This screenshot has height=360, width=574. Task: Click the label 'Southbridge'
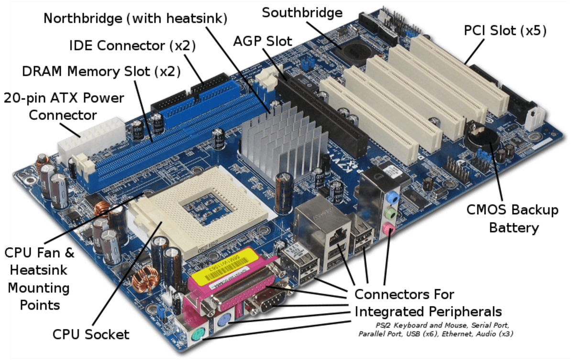tap(302, 13)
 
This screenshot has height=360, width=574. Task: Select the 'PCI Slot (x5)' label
tap(505, 31)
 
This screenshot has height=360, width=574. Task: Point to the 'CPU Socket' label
tap(91, 334)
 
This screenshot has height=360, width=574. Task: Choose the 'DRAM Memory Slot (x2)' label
tap(101, 72)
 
